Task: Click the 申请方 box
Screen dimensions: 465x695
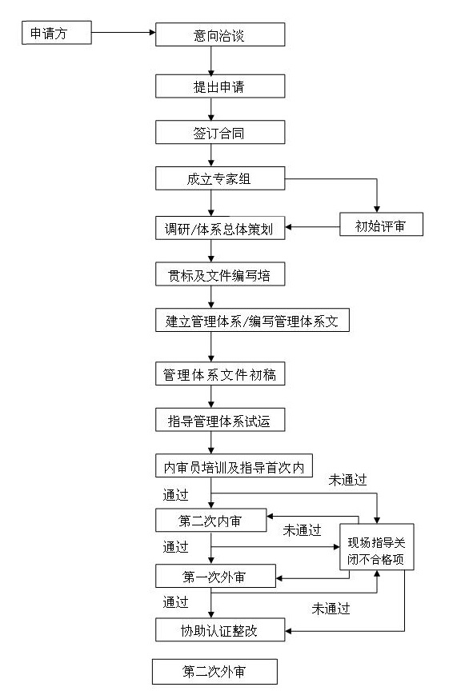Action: pos(57,32)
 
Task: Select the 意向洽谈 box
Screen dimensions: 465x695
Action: pos(220,34)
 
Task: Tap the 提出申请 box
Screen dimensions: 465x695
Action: pos(220,86)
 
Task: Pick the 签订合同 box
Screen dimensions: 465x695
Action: pos(220,132)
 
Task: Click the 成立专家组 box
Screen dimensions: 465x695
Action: pos(220,178)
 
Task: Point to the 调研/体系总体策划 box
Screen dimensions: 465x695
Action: pos(220,228)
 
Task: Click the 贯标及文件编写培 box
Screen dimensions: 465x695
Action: pos(220,274)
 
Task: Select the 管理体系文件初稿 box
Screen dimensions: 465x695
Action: pos(220,373)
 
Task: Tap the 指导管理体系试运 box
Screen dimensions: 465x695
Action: pos(220,420)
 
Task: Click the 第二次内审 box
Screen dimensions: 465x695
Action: pos(210,521)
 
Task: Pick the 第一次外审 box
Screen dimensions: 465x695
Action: pos(215,576)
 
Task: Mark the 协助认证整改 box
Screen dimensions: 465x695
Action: pos(220,630)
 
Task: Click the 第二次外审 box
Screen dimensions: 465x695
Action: pos(214,672)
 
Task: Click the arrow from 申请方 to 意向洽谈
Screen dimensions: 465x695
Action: pos(123,32)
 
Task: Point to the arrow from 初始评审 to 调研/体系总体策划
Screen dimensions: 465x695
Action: pos(312,227)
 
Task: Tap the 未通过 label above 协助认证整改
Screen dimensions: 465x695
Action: pos(331,609)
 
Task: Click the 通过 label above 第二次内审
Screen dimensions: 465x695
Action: pos(176,494)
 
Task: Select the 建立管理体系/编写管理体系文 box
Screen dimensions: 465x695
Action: pos(252,320)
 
